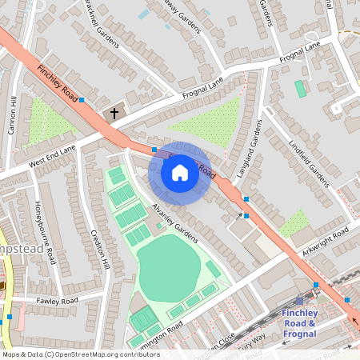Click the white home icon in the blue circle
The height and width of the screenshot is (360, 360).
[x=180, y=173]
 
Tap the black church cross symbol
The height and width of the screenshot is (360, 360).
[x=114, y=114]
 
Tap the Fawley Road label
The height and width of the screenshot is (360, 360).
[x=57, y=301]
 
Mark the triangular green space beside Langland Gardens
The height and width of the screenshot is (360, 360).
[x=210, y=121]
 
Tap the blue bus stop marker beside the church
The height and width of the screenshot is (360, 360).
[x=82, y=100]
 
